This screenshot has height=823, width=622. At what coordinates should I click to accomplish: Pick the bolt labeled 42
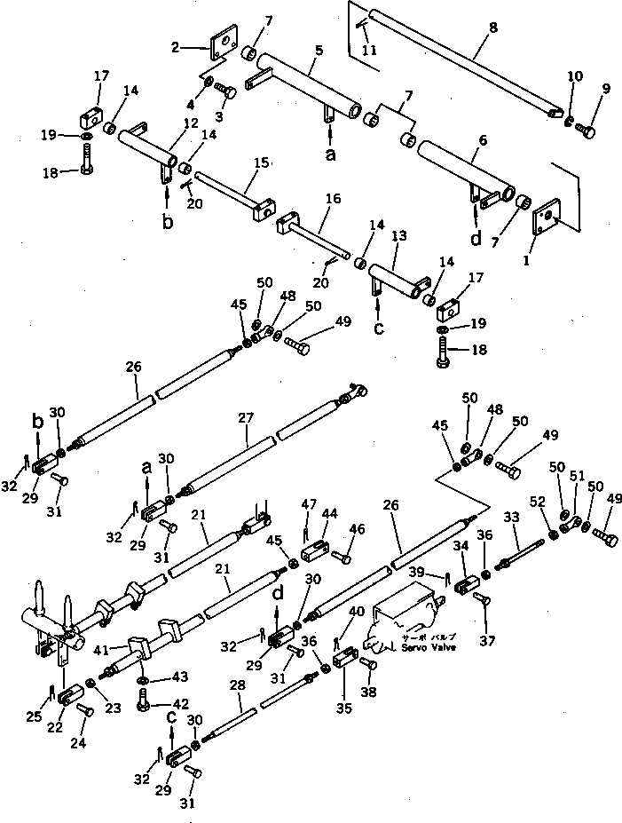pyautogui.click(x=145, y=707)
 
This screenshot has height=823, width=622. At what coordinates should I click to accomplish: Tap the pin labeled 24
pyautogui.click(x=86, y=709)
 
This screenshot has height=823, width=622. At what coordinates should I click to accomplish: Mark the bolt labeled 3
pyautogui.click(x=226, y=91)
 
